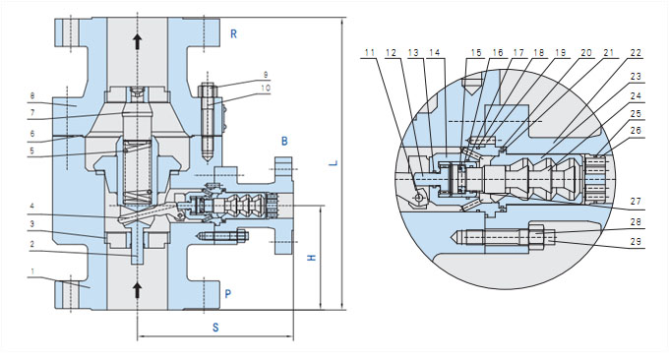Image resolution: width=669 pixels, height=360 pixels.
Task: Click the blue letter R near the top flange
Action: click(x=233, y=34)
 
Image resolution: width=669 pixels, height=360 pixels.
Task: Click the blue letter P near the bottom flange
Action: click(x=228, y=294)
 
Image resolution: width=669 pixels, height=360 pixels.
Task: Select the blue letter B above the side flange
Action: click(x=284, y=141)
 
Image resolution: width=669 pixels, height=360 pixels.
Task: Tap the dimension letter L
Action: click(x=334, y=163)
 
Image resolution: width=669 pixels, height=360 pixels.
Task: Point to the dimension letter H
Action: click(x=312, y=258)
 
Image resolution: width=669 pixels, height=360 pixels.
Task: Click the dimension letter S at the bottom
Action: click(x=215, y=328)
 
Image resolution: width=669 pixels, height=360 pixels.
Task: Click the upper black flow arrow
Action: click(x=137, y=41)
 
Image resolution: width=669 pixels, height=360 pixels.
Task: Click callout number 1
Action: click(x=32, y=270)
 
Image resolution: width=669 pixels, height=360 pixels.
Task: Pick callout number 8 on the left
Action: click(x=32, y=96)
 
